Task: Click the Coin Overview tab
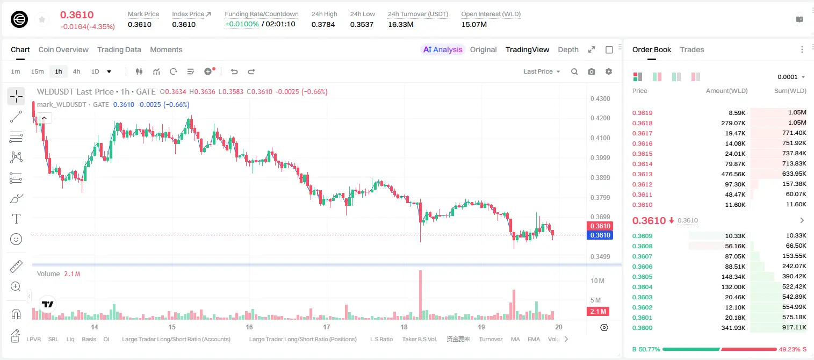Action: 63,49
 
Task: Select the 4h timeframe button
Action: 76,71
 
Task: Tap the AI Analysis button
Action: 443,49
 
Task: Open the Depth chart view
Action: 568,49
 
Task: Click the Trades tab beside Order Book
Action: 692,49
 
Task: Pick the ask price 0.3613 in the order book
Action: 642,174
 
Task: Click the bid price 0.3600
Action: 642,328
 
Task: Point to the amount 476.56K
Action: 733,174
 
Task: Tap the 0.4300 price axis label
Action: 600,98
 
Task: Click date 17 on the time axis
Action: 326,327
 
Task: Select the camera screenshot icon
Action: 591,71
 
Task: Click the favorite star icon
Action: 42,19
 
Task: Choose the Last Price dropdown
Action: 542,71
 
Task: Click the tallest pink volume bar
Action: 421,294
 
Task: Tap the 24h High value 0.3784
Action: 323,24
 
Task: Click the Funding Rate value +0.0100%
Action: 242,24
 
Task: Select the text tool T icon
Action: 16,219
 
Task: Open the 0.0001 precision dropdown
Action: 791,77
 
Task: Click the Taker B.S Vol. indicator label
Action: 419,339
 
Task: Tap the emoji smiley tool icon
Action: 16,239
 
